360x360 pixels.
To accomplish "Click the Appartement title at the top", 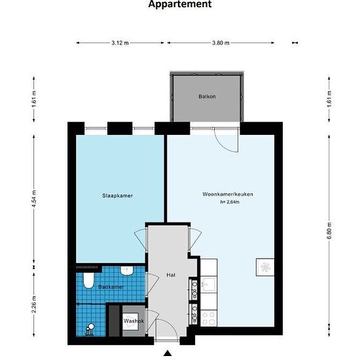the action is (x=180, y=4).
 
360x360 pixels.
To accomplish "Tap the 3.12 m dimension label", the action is (x=120, y=43).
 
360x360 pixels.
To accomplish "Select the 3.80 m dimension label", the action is (x=221, y=43).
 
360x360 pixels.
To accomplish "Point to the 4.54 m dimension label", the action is (x=34, y=199).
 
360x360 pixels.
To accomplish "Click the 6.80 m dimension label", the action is (x=329, y=231).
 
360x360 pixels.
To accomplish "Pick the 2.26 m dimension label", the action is (x=34, y=304).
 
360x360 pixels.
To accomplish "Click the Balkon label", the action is (x=207, y=96).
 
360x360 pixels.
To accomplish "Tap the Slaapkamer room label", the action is (x=117, y=196).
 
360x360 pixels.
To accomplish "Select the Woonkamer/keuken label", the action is (x=228, y=194).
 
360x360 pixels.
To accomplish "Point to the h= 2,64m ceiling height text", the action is (x=230, y=202).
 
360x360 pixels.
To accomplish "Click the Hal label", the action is (x=171, y=275).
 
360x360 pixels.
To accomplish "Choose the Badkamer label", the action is (x=111, y=287).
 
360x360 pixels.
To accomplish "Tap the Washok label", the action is (x=134, y=321).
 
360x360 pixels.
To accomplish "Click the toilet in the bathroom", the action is (x=88, y=280).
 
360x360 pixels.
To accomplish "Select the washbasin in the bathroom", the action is (x=127, y=271).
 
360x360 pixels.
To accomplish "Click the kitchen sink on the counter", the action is (x=208, y=285).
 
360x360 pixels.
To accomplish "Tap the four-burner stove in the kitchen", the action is (x=209, y=318).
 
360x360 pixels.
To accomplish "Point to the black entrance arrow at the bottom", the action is (x=168, y=353).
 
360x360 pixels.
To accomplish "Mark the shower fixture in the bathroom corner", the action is (x=90, y=330).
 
